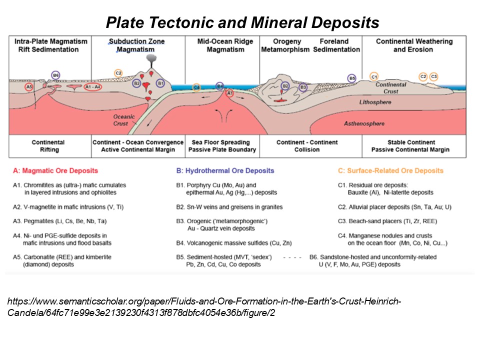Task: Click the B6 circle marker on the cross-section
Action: coord(55,75)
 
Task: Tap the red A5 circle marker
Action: coord(29,86)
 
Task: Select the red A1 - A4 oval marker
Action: coord(93,87)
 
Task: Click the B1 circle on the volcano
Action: coord(160,83)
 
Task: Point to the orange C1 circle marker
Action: coord(374,76)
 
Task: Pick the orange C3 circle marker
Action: coord(434,76)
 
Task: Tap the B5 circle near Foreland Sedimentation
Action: coord(352,78)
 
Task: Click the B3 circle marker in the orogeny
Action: coord(303,87)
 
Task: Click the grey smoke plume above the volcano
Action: coord(151,59)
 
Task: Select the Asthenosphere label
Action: coord(364,123)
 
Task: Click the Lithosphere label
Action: coord(375,102)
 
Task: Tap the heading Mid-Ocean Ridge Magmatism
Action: coord(225,45)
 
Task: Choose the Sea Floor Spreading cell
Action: coord(222,146)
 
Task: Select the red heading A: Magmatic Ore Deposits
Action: coord(55,171)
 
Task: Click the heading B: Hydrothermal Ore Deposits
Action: coord(225,171)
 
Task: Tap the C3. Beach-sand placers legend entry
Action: coord(387,221)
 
